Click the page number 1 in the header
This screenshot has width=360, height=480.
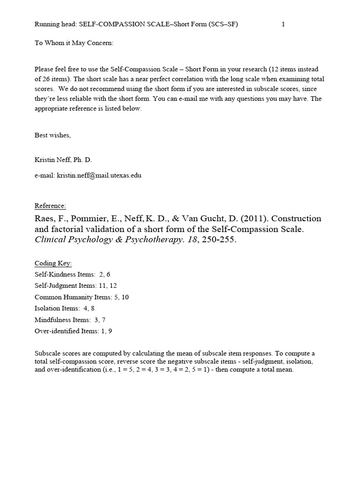pos(283,25)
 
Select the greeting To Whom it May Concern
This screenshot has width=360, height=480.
pos(74,43)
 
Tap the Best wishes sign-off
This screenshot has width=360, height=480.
pos(52,135)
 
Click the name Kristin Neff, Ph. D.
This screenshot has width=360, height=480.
pos(63,159)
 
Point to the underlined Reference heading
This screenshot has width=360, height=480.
pos(50,206)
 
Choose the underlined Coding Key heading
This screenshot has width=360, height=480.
pos(53,263)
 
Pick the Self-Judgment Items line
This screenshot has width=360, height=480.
pos(75,285)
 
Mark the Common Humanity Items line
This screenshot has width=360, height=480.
pos(82,297)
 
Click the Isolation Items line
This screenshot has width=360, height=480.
pos(65,308)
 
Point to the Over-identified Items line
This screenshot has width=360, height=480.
pos(73,331)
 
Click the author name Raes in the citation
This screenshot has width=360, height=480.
pos(45,219)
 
